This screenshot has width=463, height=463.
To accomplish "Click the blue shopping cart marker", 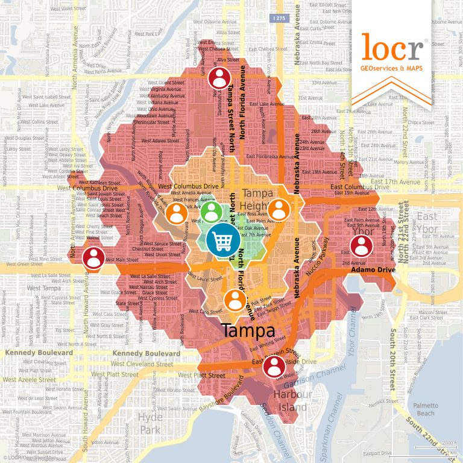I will [x=221, y=240].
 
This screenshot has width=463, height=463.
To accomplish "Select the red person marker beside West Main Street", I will [x=93, y=259].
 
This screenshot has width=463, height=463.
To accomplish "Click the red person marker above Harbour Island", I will [x=274, y=365].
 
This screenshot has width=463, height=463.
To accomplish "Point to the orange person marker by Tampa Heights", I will [x=279, y=210].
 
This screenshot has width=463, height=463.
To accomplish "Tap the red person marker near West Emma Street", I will [x=219, y=78].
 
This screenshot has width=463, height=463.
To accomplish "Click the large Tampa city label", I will [x=248, y=330].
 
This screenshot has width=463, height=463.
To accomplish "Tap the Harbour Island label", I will [x=292, y=401].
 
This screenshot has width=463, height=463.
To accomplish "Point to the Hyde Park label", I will [x=150, y=423].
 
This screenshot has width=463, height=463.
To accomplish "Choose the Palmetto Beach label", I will [x=426, y=409].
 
